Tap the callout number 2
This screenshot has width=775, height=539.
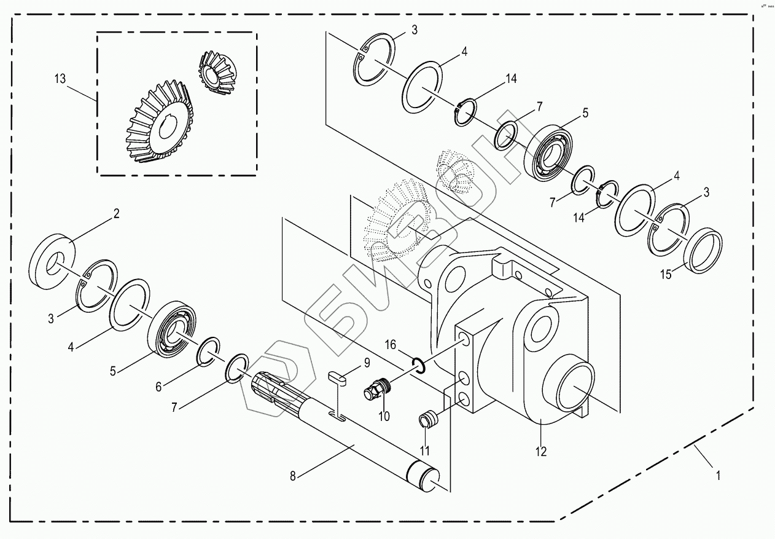coord(116,214)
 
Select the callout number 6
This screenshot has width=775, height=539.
coord(158,387)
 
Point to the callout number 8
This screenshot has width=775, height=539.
coord(293,475)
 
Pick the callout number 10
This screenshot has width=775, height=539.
coord(384,416)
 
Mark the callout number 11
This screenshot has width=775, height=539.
coord(424,450)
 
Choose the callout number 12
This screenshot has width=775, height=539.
coord(540,452)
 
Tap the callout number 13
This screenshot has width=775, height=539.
coord(60,79)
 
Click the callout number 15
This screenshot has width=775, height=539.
coord(666,275)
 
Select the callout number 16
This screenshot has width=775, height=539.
coord(391,345)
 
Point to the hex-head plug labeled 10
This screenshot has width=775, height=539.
coord(376,390)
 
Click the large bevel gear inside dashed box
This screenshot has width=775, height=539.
coord(158,127)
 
